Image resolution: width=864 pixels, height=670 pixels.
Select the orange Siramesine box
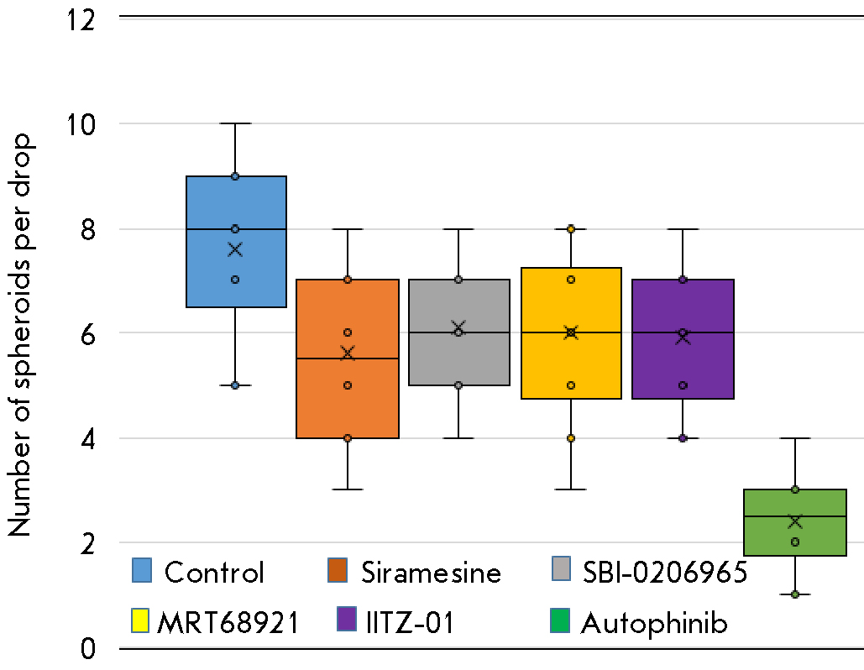[x=347, y=395]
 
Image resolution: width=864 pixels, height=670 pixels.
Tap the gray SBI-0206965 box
[x=458, y=361]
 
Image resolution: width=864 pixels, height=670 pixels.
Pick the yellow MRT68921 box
[x=571, y=369]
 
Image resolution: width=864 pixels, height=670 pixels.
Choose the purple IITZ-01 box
[x=683, y=369]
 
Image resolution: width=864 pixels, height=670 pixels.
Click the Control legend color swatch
[x=142, y=571]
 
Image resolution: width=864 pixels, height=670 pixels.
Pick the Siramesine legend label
[x=431, y=573]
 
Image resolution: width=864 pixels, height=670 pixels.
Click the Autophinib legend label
[x=654, y=623]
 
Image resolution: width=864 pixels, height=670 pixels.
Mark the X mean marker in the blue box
[x=235, y=249]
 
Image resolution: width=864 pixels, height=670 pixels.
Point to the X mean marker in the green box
[x=794, y=521]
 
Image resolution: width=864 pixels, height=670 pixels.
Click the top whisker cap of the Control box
[x=235, y=123]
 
